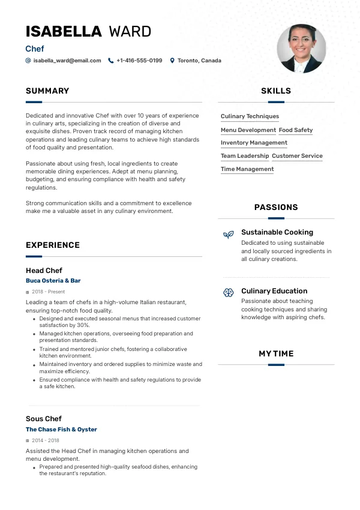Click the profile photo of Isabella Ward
(301, 49)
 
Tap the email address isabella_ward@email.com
(67, 61)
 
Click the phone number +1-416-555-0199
(139, 61)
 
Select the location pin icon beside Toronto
(172, 61)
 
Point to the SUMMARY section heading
(47, 91)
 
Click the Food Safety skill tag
(296, 130)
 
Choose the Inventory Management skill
(254, 143)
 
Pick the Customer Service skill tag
(297, 156)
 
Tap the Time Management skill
(247, 169)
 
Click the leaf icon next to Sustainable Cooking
(228, 235)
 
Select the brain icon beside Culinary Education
(228, 293)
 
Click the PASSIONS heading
(276, 208)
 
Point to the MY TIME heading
(276, 354)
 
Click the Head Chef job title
(44, 271)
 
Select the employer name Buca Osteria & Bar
(53, 281)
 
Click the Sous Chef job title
(44, 419)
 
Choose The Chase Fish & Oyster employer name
(61, 430)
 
